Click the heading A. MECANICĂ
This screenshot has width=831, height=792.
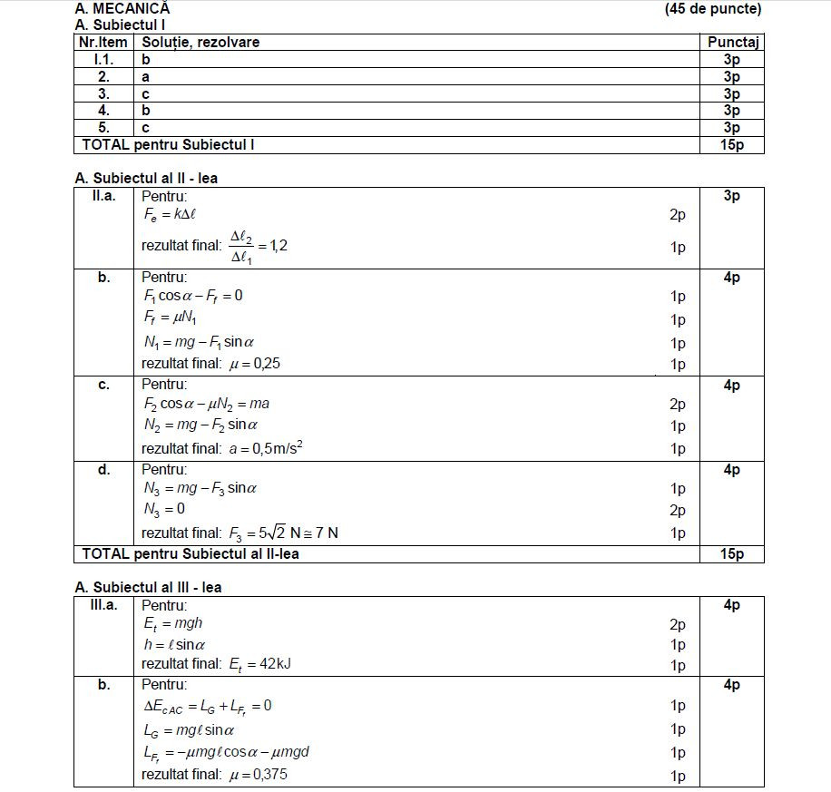tap(122, 9)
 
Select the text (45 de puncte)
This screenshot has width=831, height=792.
tap(712, 9)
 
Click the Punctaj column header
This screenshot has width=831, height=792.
tap(732, 42)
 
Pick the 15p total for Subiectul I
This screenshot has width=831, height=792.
tap(732, 144)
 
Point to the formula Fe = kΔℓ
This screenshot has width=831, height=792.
tap(171, 215)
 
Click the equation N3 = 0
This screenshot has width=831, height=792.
tap(164, 509)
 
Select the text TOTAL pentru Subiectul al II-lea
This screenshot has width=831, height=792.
tap(191, 553)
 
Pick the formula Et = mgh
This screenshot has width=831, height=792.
tap(172, 623)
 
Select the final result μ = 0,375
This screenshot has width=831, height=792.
tap(261, 774)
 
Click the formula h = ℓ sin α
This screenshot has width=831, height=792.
tap(174, 644)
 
